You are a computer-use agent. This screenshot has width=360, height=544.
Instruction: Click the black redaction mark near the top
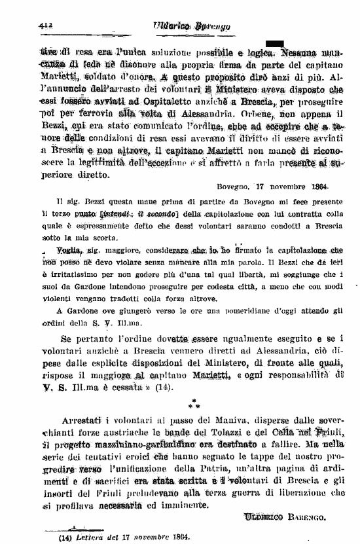pyautogui.click(x=274, y=43)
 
